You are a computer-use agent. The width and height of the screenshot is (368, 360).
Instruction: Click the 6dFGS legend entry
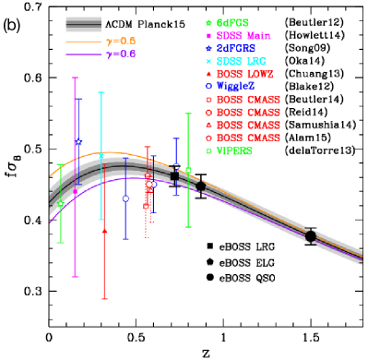pos(231,21)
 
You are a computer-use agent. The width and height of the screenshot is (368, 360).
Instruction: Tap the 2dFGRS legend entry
pos(235,48)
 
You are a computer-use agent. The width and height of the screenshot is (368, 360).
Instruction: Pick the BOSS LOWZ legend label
pos(244,74)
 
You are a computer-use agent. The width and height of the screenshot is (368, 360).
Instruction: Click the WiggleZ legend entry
pos(235,86)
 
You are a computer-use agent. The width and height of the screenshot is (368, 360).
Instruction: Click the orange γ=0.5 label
pos(121,42)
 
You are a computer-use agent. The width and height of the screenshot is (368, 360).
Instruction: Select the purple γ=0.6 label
pos(121,54)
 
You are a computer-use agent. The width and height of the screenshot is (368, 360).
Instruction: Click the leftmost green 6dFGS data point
pos(61,203)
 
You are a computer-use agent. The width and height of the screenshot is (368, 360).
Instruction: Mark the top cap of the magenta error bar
pos(75,78)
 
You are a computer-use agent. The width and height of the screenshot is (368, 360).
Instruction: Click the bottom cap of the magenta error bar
pos(75,276)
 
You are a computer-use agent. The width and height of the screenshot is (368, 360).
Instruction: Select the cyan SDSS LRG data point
pos(101,157)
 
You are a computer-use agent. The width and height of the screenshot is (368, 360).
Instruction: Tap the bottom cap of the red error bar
pos(104,298)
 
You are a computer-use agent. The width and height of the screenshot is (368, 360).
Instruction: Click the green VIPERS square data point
pos(188,171)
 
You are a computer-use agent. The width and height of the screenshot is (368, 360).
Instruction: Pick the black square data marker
pos(174,175)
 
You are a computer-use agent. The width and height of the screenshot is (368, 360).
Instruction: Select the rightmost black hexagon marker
pos(310,236)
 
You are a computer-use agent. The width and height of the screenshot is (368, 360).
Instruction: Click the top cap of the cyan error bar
pos(101,92)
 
